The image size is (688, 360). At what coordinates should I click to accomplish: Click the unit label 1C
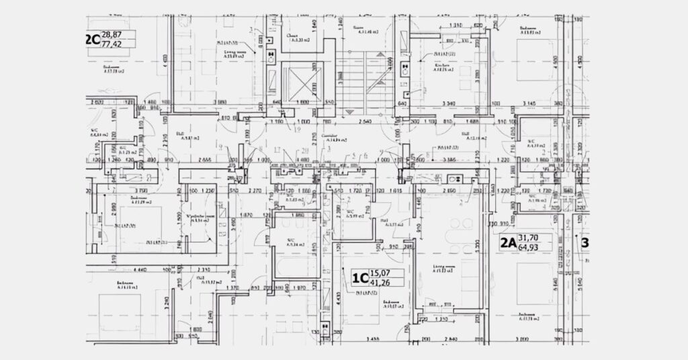[x=361, y=277]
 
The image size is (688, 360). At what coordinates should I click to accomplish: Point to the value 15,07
[x=380, y=272]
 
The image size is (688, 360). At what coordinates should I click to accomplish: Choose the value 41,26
[x=380, y=283]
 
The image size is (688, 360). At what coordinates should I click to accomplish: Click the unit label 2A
[x=508, y=243]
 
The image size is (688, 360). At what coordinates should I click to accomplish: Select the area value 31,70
[x=531, y=238]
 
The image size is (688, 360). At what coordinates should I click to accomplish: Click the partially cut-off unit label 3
[x=584, y=243]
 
